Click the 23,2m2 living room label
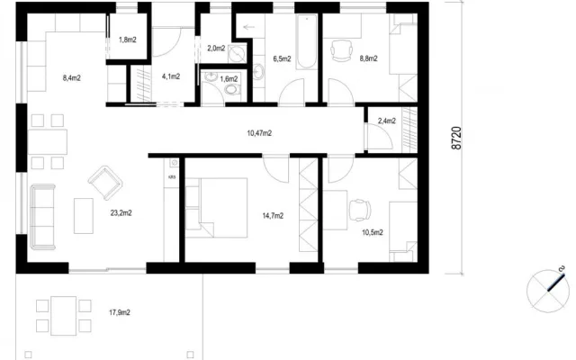pyautogui.click(x=121, y=212)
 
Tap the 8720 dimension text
pyautogui.click(x=456, y=138)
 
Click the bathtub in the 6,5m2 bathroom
pyautogui.click(x=306, y=41)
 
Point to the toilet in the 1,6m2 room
pyautogui.click(x=232, y=89)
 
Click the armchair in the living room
pyautogui.click(x=105, y=183)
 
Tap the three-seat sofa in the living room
pyautogui.click(x=42, y=217)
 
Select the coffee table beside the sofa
pyautogui.click(x=84, y=216)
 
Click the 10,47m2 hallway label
pyautogui.click(x=259, y=133)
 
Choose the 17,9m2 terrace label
pyautogui.click(x=120, y=312)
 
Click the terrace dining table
pyautogui.click(x=64, y=316)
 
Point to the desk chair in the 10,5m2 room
pyautogui.click(x=360, y=211)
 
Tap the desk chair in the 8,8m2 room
pyautogui.click(x=342, y=50)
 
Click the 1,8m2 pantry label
pyautogui.click(x=128, y=40)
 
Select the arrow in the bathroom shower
pyautogui.click(x=249, y=27)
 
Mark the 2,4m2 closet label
pyautogui.click(x=387, y=121)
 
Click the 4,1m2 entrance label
pyautogui.click(x=171, y=76)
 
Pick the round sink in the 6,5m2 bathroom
pyautogui.click(x=258, y=72)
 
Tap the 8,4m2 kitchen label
pyautogui.click(x=72, y=78)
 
